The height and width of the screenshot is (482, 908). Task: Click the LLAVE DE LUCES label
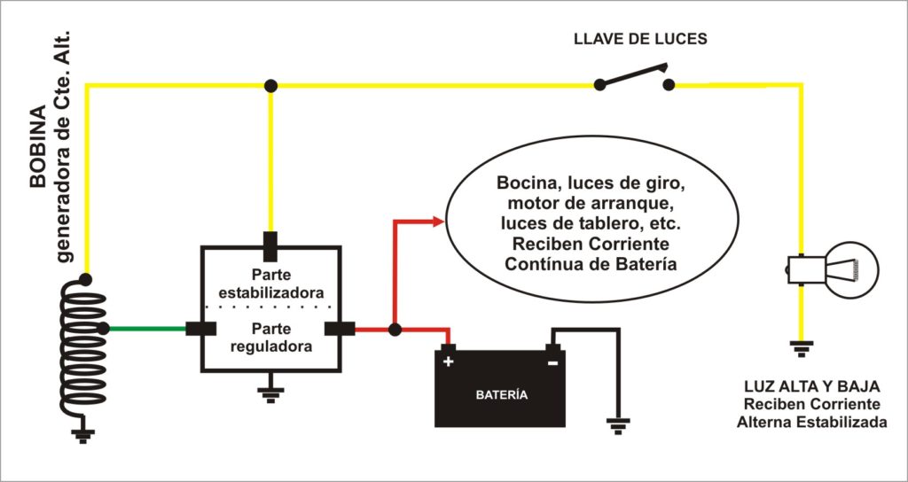(640, 39)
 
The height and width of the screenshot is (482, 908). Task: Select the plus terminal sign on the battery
(448, 361)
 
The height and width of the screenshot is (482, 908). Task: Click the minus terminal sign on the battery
(552, 361)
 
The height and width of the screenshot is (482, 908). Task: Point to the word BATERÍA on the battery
(500, 394)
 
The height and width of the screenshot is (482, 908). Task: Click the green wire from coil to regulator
(147, 329)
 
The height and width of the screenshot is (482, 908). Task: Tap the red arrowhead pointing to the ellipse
(437, 222)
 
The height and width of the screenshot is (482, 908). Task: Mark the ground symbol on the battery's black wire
(617, 424)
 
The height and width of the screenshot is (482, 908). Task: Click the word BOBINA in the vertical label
(38, 146)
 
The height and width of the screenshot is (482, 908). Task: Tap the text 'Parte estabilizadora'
(270, 283)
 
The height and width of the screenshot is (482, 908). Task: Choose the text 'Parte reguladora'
(270, 337)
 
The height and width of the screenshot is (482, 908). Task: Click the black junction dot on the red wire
(395, 330)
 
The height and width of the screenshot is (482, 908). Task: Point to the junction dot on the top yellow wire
(270, 85)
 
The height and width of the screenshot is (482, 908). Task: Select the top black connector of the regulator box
(270, 243)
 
